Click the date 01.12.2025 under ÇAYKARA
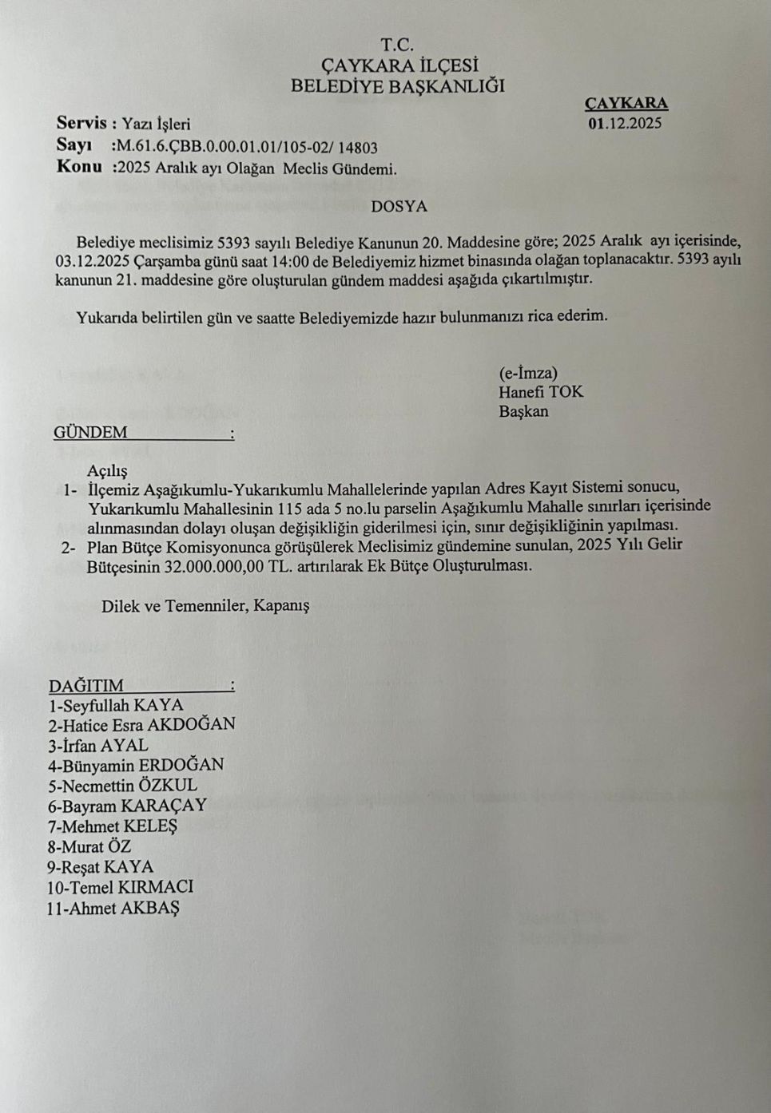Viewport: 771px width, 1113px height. [625, 124]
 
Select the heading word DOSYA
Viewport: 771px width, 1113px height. [399, 206]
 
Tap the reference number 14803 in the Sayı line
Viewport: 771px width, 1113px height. [357, 147]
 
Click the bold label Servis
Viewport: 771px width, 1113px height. [81, 123]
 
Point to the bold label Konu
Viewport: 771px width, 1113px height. [79, 167]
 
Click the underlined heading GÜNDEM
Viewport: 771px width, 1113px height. [90, 433]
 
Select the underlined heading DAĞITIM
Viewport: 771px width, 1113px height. [86, 686]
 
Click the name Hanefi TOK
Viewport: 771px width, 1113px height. [541, 392]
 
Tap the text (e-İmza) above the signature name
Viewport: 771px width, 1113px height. [528, 373]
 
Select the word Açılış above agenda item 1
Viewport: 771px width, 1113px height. [107, 471]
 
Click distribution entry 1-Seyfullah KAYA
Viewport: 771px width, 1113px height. [116, 705]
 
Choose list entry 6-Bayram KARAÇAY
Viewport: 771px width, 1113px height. [127, 806]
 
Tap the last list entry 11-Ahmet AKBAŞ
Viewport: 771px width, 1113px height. [113, 908]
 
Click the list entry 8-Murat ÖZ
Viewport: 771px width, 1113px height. [89, 846]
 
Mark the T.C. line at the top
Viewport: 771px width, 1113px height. [397, 45]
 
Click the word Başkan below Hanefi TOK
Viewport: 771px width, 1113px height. [523, 412]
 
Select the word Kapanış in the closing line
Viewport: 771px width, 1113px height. [281, 605]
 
